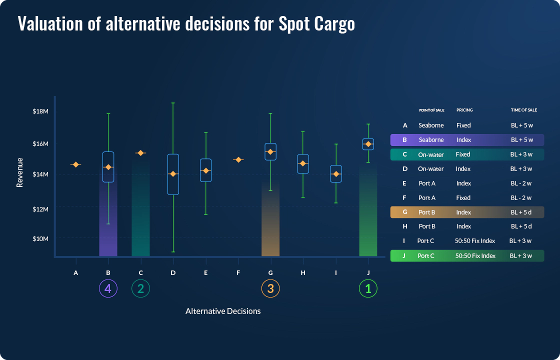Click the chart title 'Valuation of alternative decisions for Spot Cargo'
(x=186, y=24)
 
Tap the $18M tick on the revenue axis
(x=40, y=111)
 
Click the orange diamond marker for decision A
(x=75, y=164)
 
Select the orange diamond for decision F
(x=238, y=160)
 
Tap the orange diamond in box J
(x=368, y=144)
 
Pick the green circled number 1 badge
(x=368, y=288)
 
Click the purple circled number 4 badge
(x=108, y=288)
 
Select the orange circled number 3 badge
(x=270, y=288)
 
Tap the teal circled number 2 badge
(x=140, y=288)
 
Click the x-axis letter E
(x=205, y=273)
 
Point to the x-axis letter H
(x=303, y=273)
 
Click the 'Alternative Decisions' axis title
(x=223, y=311)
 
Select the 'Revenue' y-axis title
(x=20, y=172)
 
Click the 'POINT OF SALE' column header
(x=431, y=110)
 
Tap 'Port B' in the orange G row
(x=427, y=212)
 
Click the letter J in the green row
(x=404, y=255)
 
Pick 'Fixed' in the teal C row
(x=463, y=154)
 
